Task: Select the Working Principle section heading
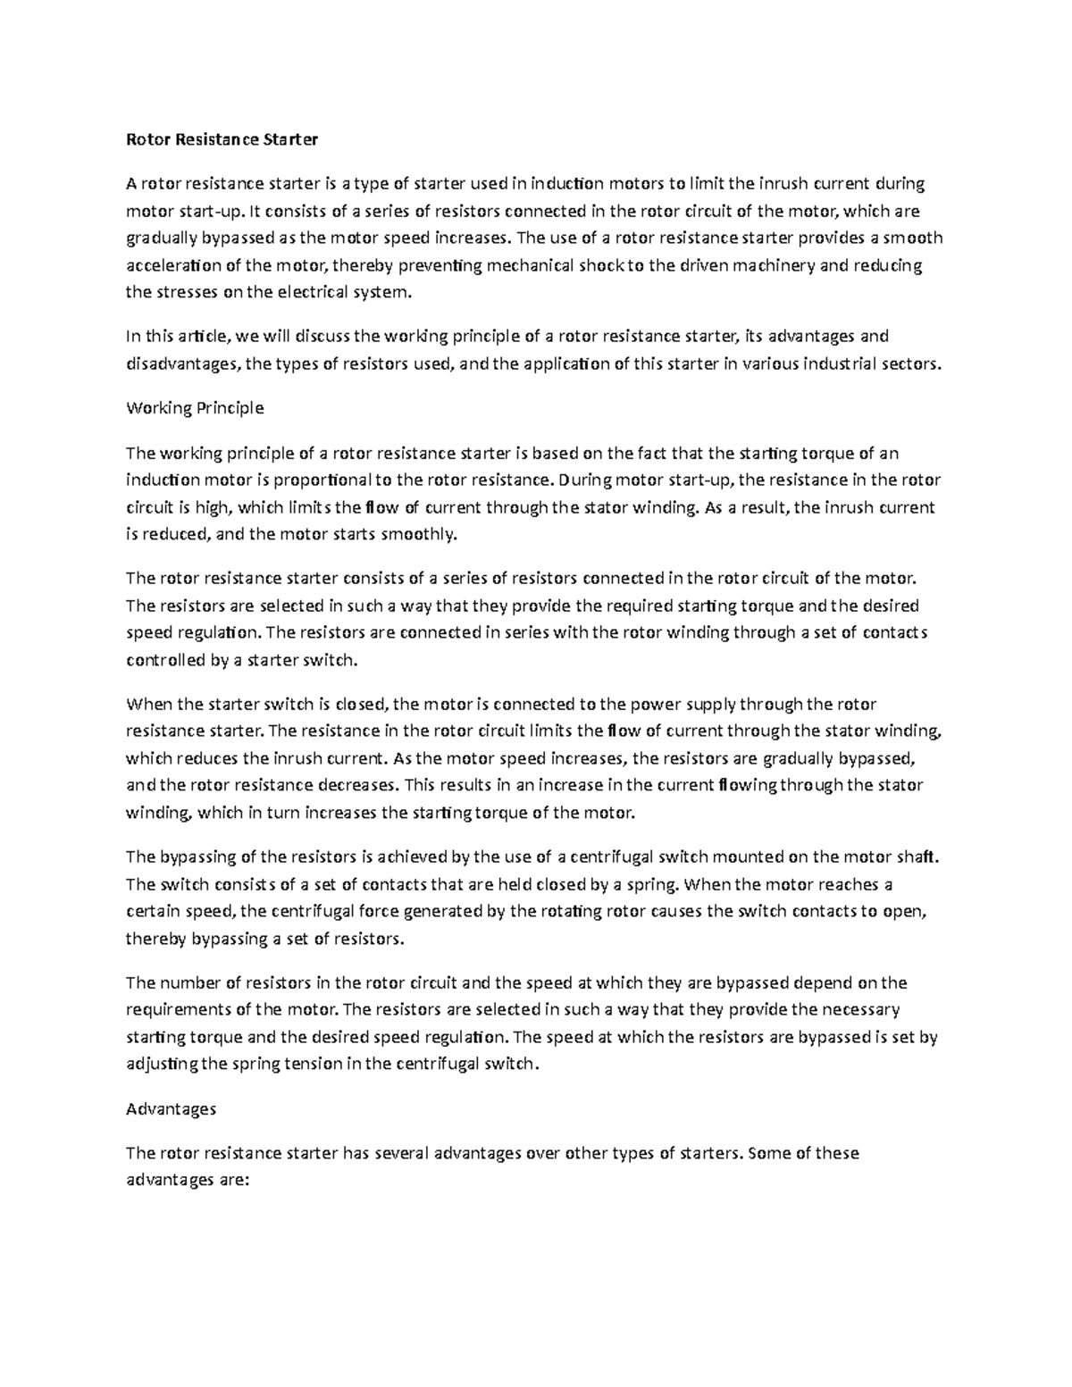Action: coord(195,408)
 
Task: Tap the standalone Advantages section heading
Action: coord(171,1108)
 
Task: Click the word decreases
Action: coord(356,786)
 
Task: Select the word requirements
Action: coord(180,1010)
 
